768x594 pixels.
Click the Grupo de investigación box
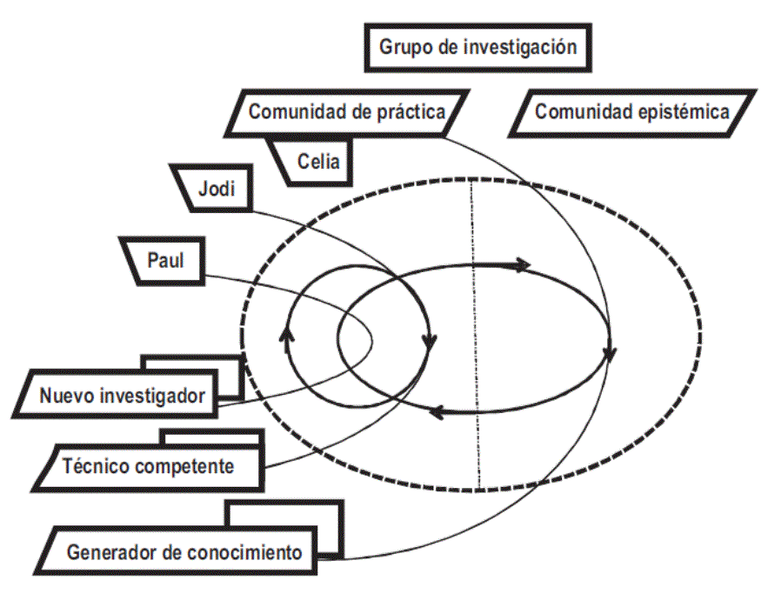pos(477,47)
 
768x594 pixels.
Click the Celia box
pos(312,161)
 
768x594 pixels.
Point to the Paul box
pos(165,259)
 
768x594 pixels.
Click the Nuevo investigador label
pos(122,397)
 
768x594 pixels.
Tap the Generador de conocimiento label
pos(184,551)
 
